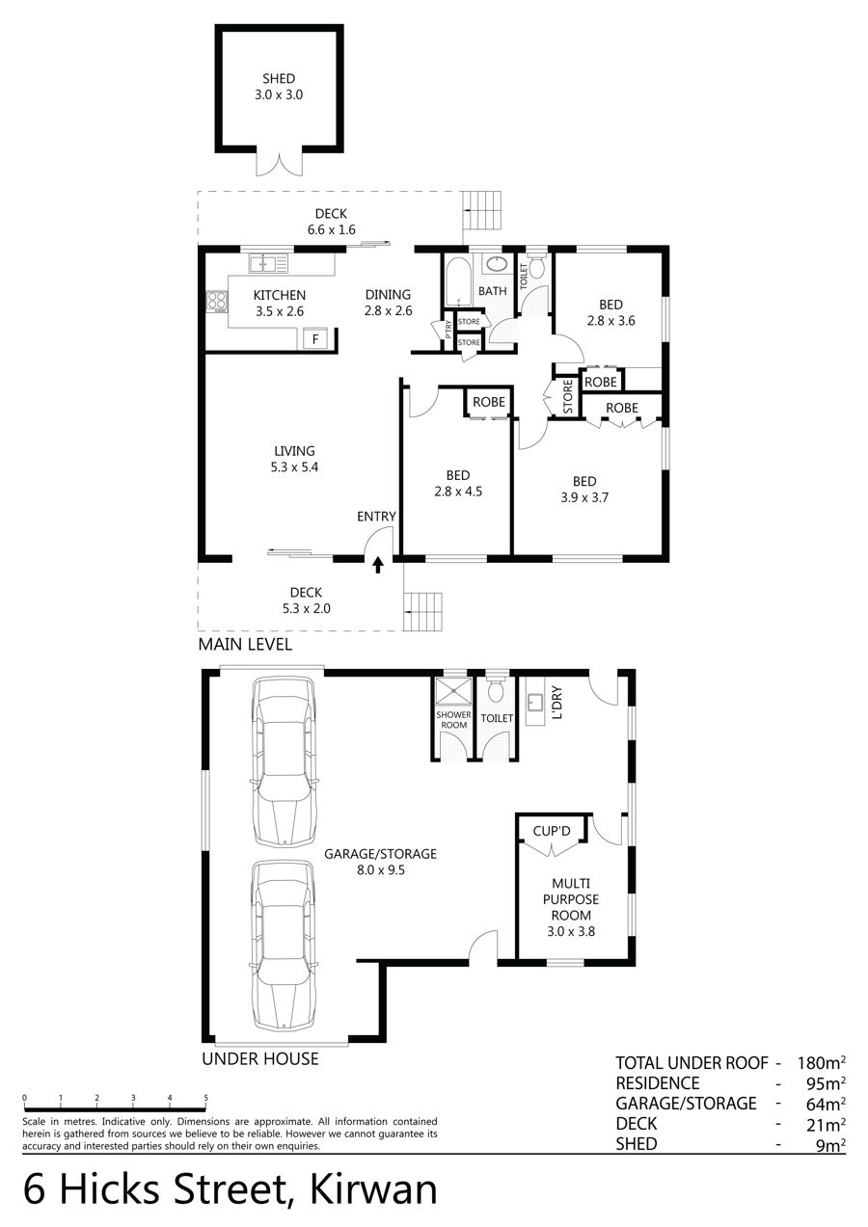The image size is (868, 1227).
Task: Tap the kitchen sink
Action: tap(268, 263)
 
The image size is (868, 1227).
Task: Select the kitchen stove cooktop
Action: tap(217, 302)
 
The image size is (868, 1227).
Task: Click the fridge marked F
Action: tap(315, 338)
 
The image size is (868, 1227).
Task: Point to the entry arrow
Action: tap(377, 565)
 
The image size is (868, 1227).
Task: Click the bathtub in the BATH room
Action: tap(457, 281)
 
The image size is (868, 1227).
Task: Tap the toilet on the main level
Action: tap(535, 266)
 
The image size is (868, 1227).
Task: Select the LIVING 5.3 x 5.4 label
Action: tap(294, 459)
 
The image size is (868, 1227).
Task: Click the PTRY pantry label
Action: tap(448, 328)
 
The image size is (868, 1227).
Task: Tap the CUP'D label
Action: tap(552, 831)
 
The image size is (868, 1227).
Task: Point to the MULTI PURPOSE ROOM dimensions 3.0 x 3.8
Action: tap(571, 931)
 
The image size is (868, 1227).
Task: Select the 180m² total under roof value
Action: tap(821, 1063)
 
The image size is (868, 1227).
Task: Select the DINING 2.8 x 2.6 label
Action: tap(388, 303)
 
